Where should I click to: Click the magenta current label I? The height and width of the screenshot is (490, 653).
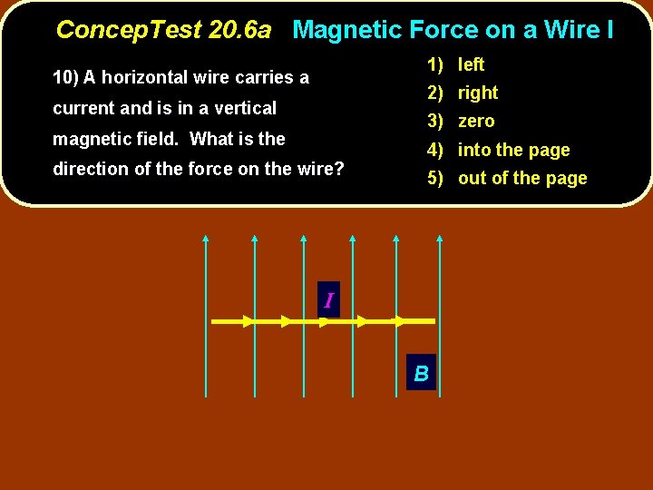328,300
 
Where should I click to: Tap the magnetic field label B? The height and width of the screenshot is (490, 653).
422,373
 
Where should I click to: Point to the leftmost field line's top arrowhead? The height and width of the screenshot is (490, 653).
206,240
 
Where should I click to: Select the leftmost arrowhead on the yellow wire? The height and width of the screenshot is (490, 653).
248,321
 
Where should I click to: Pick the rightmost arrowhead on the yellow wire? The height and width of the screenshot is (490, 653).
397,321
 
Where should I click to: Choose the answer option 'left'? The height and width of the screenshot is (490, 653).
471,64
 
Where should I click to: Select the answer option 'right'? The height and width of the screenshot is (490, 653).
478,93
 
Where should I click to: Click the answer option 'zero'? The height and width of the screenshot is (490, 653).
476,121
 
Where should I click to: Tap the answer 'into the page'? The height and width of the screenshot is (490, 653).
513,150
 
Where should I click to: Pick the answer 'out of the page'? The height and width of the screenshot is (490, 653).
522,178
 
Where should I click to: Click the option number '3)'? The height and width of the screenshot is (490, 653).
435,121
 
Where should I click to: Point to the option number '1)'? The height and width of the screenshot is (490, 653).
435,64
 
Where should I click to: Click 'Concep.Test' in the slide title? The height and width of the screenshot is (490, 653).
128,30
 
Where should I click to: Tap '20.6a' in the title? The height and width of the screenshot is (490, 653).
239,30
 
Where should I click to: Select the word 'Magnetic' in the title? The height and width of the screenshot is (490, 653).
347,30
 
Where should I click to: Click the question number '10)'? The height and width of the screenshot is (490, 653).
66,77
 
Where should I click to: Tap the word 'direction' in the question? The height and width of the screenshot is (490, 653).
92,169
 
